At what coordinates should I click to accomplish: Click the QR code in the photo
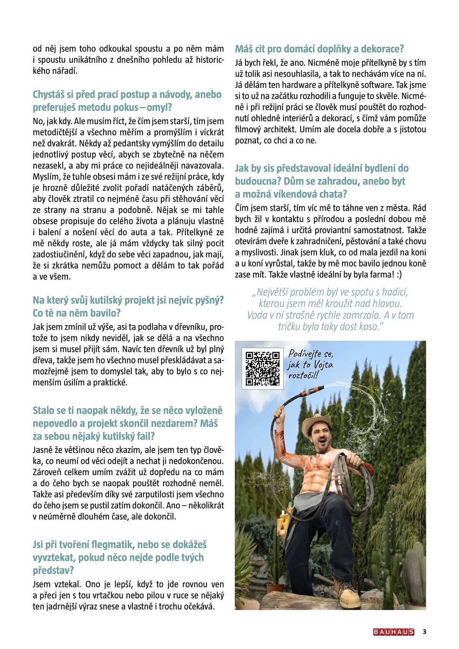pos(262,369)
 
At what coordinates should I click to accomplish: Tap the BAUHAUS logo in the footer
pos(393,632)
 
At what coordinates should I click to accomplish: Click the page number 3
pos(424,631)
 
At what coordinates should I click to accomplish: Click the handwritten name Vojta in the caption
pos(323,365)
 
